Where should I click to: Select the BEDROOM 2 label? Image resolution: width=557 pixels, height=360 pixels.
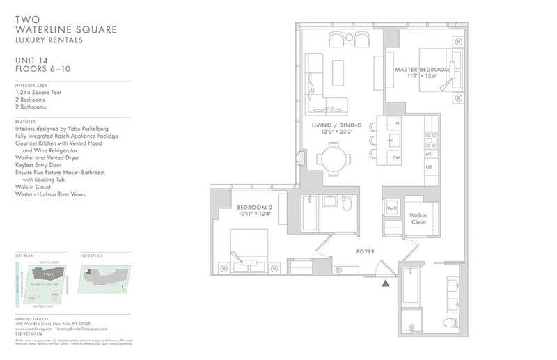[x=253, y=207]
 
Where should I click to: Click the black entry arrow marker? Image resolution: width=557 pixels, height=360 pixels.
[x=384, y=282]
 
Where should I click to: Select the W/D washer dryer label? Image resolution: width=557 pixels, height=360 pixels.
[x=392, y=208]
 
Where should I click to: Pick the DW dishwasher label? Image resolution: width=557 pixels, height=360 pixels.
[x=395, y=157]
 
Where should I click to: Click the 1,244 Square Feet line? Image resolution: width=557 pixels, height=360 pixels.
[x=40, y=92]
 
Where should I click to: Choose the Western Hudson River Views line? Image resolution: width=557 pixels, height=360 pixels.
[x=49, y=194]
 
